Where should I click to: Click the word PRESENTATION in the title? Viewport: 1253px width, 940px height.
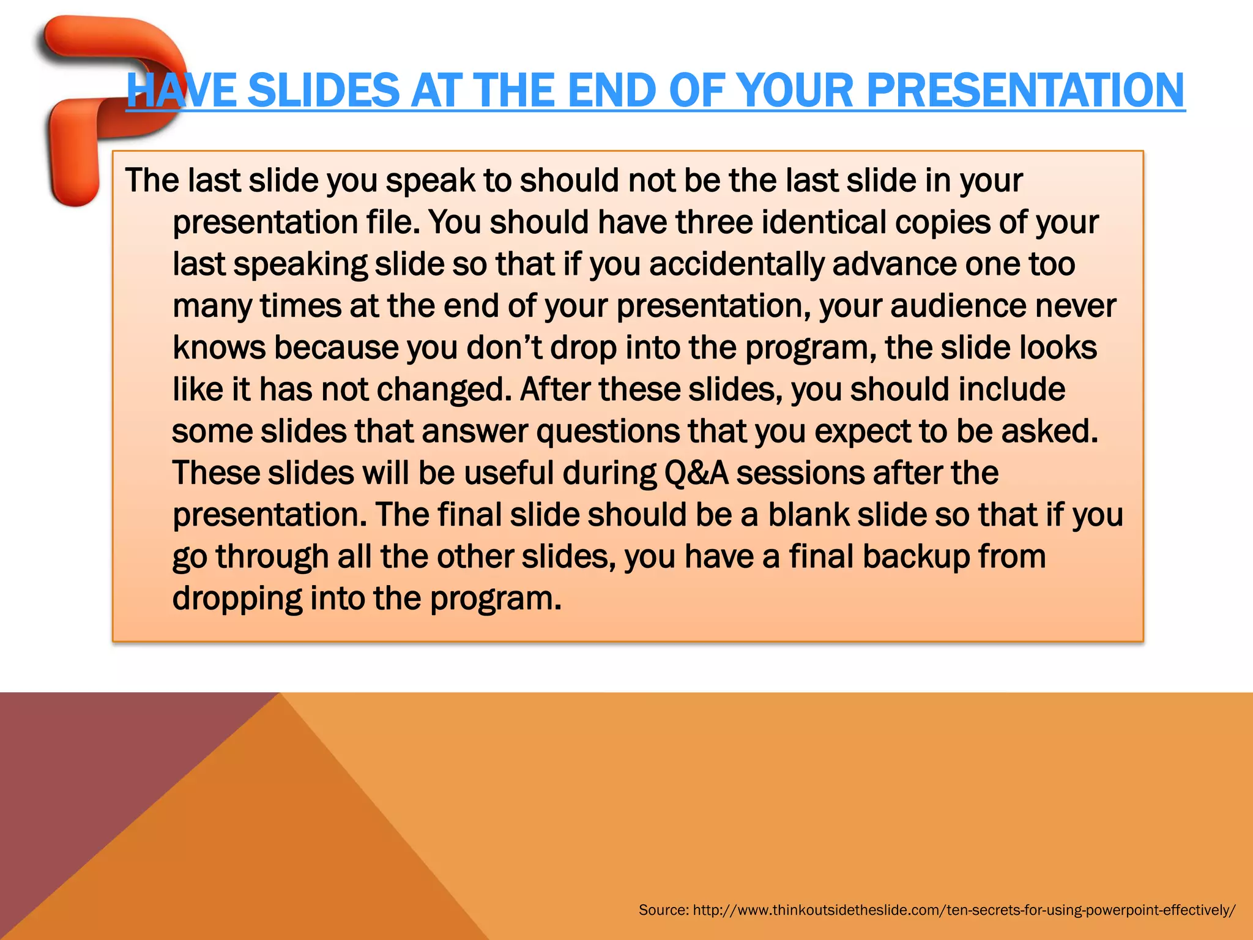pos(1025,91)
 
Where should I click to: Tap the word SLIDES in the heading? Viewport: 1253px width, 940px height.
pos(324,91)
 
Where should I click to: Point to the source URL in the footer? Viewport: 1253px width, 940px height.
pos(964,910)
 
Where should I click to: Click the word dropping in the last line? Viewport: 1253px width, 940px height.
pos(237,599)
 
